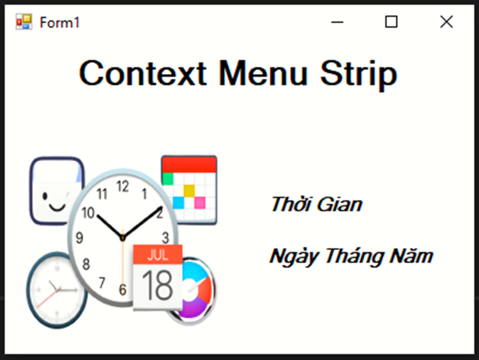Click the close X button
click(x=446, y=22)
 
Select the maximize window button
click(x=391, y=22)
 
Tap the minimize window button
click(x=337, y=22)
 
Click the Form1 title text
click(x=59, y=23)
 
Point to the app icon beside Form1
click(x=24, y=22)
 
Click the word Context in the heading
click(x=143, y=73)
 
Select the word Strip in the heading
click(x=358, y=75)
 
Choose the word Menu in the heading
click(x=263, y=73)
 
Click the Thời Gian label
click(x=316, y=204)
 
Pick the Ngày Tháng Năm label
click(x=351, y=257)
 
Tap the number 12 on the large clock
click(x=122, y=186)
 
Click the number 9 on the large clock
click(x=79, y=238)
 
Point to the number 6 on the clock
click(x=122, y=290)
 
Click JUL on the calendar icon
click(x=158, y=255)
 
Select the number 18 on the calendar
click(x=158, y=285)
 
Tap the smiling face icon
click(x=57, y=191)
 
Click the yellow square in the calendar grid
click(x=189, y=190)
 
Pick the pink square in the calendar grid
click(x=200, y=203)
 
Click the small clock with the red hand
click(x=57, y=290)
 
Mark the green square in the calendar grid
click(x=168, y=179)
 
